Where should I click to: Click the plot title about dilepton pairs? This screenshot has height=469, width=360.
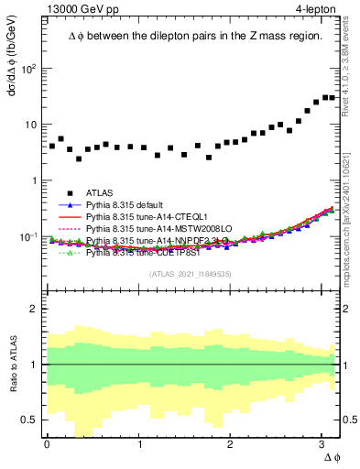(194, 37)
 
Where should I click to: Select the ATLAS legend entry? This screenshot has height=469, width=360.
(100, 193)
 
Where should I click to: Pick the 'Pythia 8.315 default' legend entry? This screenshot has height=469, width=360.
(127, 205)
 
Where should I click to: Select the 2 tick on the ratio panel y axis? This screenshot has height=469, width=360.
(36, 309)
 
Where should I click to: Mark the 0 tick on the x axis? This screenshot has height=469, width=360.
(47, 444)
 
